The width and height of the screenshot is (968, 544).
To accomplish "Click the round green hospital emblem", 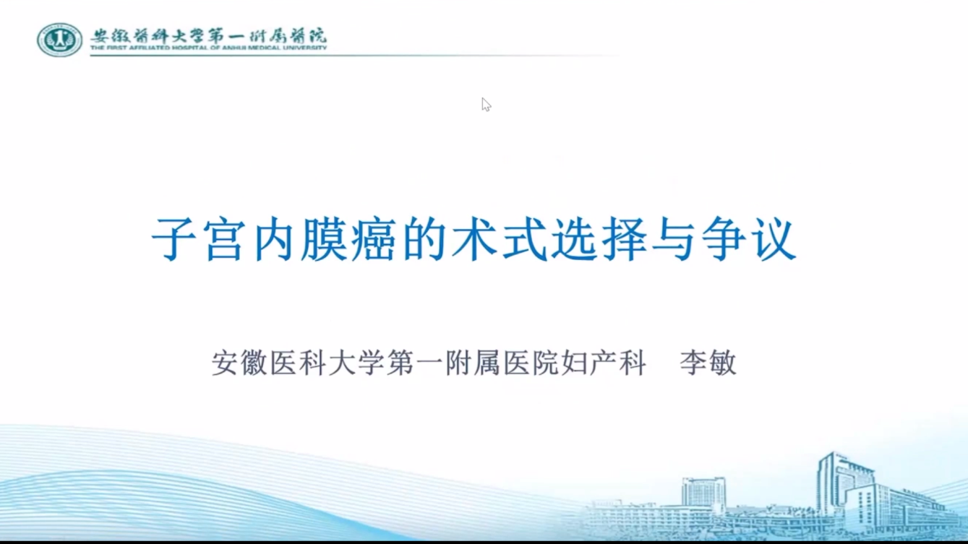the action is click(59, 40).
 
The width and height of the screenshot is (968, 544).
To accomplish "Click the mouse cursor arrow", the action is click(486, 105).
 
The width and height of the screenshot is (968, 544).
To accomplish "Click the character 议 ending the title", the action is click(773, 238).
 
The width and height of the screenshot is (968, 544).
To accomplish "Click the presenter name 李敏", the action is click(708, 363).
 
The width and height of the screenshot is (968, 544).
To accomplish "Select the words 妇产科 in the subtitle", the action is click(603, 363).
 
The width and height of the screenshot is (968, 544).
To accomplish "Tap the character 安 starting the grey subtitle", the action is click(226, 363).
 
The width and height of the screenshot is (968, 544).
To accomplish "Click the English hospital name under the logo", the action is click(208, 48).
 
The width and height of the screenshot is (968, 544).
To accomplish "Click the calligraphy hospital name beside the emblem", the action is click(208, 35).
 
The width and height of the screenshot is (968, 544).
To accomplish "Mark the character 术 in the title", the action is click(474, 238).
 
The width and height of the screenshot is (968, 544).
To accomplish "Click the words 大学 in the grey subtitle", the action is click(357, 363).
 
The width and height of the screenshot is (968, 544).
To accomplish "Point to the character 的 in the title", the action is click(424, 238).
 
